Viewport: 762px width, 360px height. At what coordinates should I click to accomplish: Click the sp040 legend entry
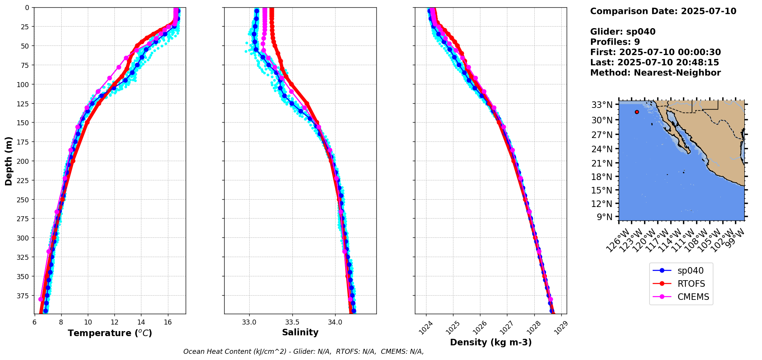coord(689,271)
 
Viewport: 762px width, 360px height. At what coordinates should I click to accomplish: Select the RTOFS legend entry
coord(691,284)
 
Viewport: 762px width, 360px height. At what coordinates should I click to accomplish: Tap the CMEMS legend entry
coord(693,297)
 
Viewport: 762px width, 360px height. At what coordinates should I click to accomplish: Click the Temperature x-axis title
coord(110,333)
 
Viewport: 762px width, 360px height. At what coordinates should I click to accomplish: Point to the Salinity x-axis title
coord(300,332)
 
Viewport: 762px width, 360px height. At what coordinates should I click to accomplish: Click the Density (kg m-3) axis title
coord(490,342)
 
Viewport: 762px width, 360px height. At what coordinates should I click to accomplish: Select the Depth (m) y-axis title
coord(8,161)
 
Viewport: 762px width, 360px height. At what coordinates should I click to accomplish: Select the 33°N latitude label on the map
coord(601,105)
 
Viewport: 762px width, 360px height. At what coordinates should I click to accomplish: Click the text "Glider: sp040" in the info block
coord(623,32)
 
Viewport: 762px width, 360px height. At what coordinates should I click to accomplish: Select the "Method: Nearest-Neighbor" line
coord(655,73)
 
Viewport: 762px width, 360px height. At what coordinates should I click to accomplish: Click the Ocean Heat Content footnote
coord(303,352)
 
